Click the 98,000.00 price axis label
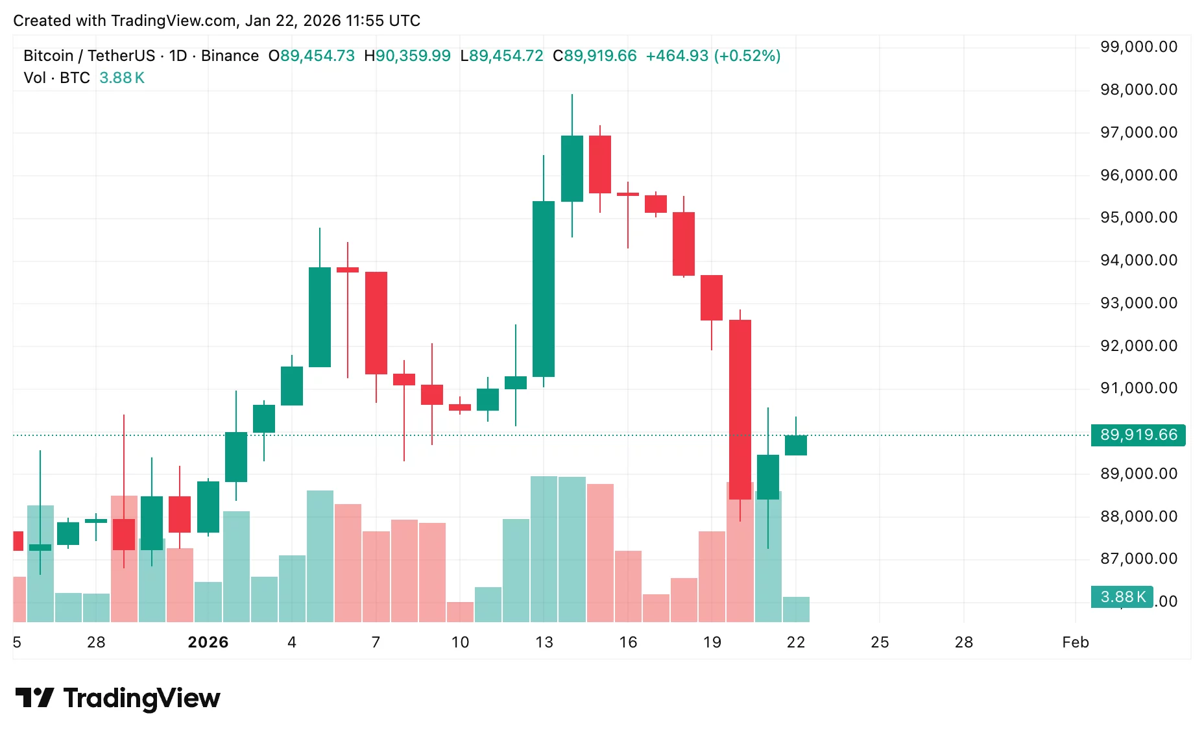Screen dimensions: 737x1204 tap(1138, 90)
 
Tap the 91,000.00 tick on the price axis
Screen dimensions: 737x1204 tap(1138, 388)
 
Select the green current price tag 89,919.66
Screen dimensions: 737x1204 tap(1138, 435)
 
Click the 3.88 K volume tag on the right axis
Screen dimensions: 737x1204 tap(1122, 597)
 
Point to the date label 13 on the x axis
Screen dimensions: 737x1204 tap(544, 642)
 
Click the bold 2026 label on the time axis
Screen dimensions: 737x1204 tap(208, 642)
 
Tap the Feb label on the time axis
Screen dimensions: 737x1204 tap(1075, 642)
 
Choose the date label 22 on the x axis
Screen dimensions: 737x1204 tap(795, 642)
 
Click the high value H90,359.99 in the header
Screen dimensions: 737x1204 tap(407, 56)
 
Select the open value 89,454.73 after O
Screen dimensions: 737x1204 tap(317, 56)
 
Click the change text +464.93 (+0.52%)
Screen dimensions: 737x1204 tap(713, 56)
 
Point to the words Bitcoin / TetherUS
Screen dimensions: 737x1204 tap(89, 56)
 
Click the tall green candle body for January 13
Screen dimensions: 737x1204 tap(544, 289)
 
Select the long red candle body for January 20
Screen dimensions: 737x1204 tap(740, 409)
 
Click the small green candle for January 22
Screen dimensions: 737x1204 tap(795, 445)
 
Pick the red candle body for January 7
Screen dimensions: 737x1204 tap(376, 322)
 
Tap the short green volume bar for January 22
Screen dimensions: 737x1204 tap(795, 609)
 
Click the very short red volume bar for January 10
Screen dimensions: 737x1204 tap(460, 612)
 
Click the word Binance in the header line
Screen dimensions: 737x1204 tap(230, 56)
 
